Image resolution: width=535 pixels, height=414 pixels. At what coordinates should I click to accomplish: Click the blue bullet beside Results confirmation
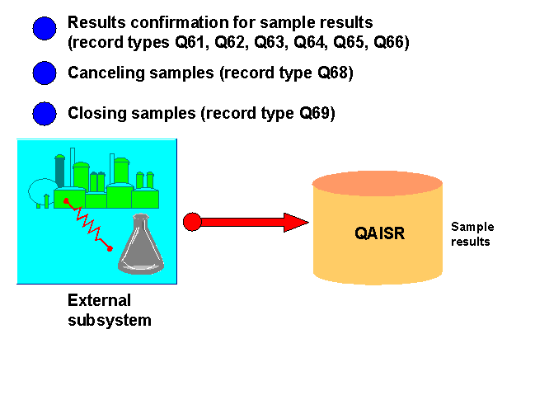44,30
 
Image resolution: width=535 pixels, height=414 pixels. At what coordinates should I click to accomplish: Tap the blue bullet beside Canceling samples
44,73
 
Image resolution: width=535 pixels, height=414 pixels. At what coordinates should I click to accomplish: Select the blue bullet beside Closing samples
44,114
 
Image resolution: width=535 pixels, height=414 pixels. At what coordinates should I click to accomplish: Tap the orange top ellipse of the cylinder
378,183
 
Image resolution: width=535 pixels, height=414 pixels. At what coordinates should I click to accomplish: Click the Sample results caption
471,234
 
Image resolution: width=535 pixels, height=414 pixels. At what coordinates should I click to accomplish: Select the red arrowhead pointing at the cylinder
295,221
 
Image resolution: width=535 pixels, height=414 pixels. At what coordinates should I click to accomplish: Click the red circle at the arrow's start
191,221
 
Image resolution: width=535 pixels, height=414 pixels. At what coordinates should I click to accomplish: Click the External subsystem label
109,310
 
